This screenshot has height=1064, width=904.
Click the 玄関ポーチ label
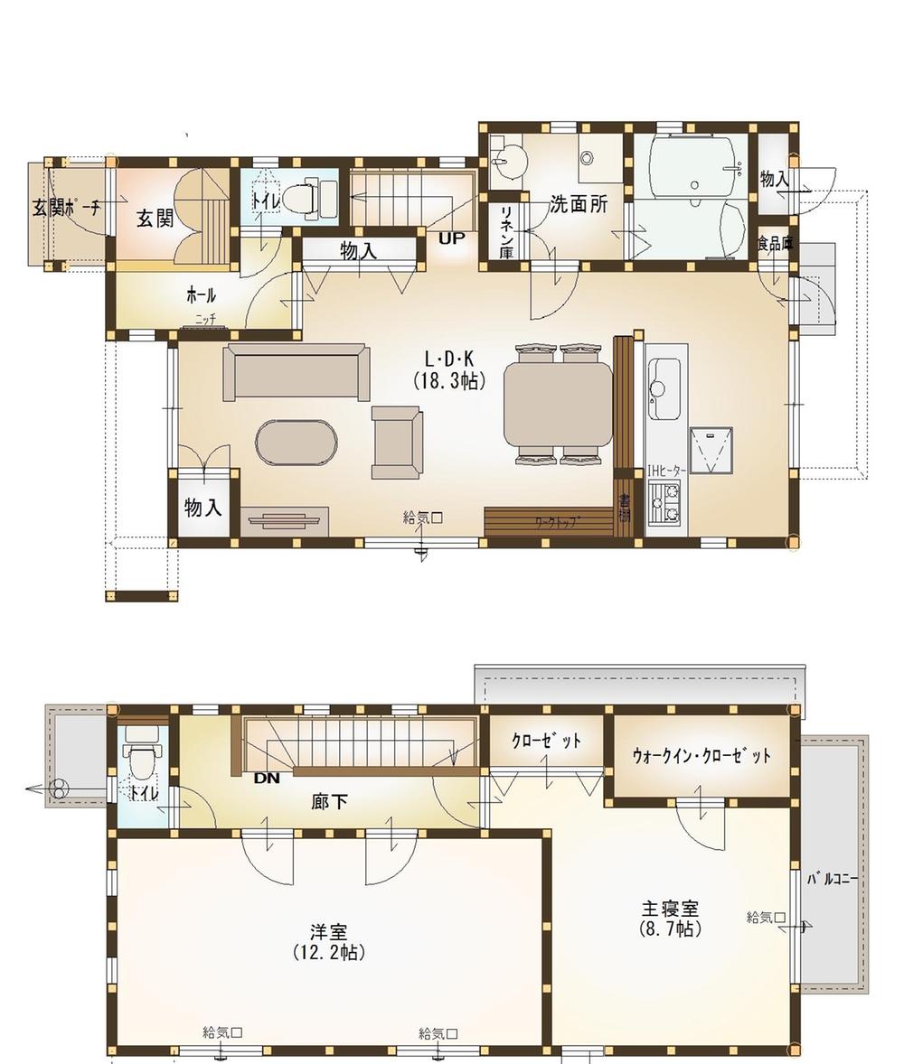(x=67, y=208)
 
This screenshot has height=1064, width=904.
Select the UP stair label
(x=451, y=238)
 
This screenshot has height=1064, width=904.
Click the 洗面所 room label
(x=578, y=204)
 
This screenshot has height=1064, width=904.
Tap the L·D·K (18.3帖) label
(x=449, y=369)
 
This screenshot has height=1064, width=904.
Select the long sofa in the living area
(x=297, y=371)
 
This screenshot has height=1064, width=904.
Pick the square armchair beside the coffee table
(x=397, y=442)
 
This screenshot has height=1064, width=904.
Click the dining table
(x=558, y=403)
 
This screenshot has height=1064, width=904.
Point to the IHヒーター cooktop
(x=666, y=503)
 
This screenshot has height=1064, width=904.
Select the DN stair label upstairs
(x=267, y=777)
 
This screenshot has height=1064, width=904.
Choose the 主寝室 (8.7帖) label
(x=670, y=918)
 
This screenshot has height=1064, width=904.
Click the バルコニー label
(x=832, y=878)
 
